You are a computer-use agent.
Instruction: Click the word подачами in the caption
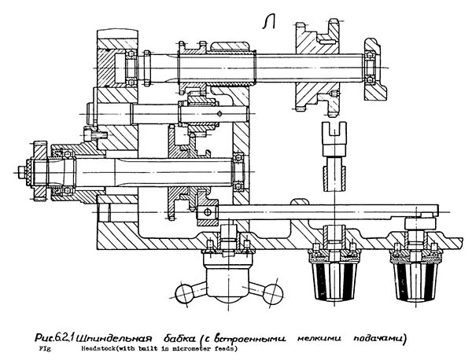378,339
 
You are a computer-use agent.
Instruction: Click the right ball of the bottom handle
273,294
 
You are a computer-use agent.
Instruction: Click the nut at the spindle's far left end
24,170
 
